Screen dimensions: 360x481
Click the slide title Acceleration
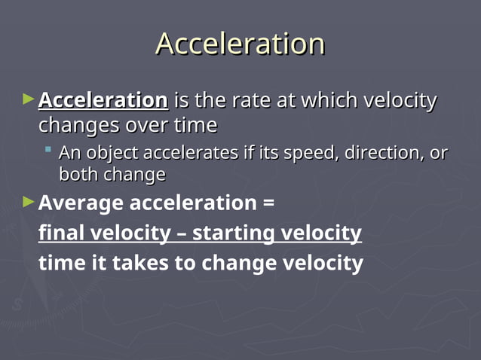[x=240, y=44]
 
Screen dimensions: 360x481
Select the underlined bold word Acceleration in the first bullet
[x=103, y=100]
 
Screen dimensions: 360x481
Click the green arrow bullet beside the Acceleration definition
[x=29, y=99]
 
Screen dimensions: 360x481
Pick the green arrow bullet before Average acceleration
[x=29, y=202]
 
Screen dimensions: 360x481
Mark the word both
[x=78, y=175]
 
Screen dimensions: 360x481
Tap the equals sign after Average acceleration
[x=268, y=203]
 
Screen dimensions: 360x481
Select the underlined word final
[x=62, y=233]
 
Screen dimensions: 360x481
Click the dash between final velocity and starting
[x=180, y=233]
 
